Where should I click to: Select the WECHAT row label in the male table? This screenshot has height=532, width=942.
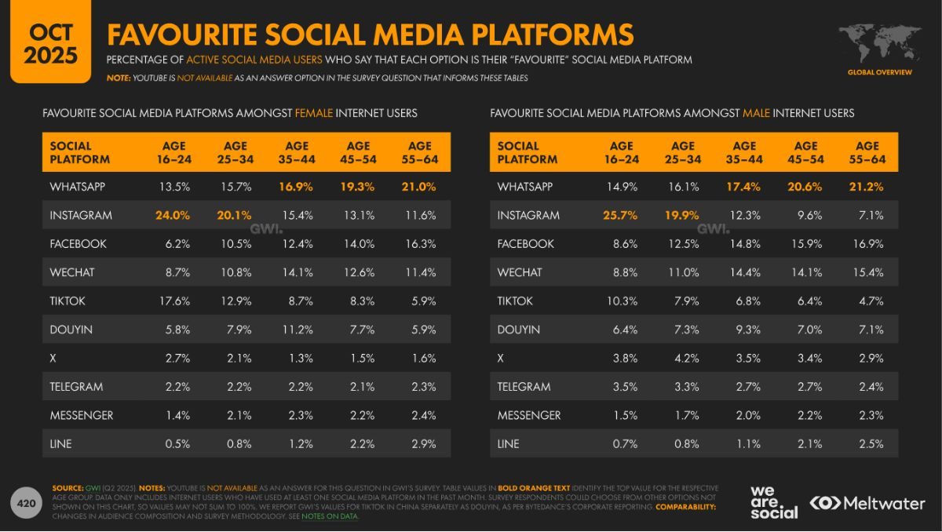tap(520, 272)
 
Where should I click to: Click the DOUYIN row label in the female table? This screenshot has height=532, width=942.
tap(71, 330)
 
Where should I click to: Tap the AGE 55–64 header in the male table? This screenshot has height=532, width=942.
tap(867, 152)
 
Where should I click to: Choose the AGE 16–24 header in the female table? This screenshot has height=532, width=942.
tap(173, 152)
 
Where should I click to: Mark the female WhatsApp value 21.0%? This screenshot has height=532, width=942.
tap(420, 187)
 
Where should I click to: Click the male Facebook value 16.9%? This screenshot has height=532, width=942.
tap(867, 244)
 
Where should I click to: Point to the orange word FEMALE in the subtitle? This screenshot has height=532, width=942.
tap(313, 113)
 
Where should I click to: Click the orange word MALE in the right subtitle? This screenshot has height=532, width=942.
tap(756, 113)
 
